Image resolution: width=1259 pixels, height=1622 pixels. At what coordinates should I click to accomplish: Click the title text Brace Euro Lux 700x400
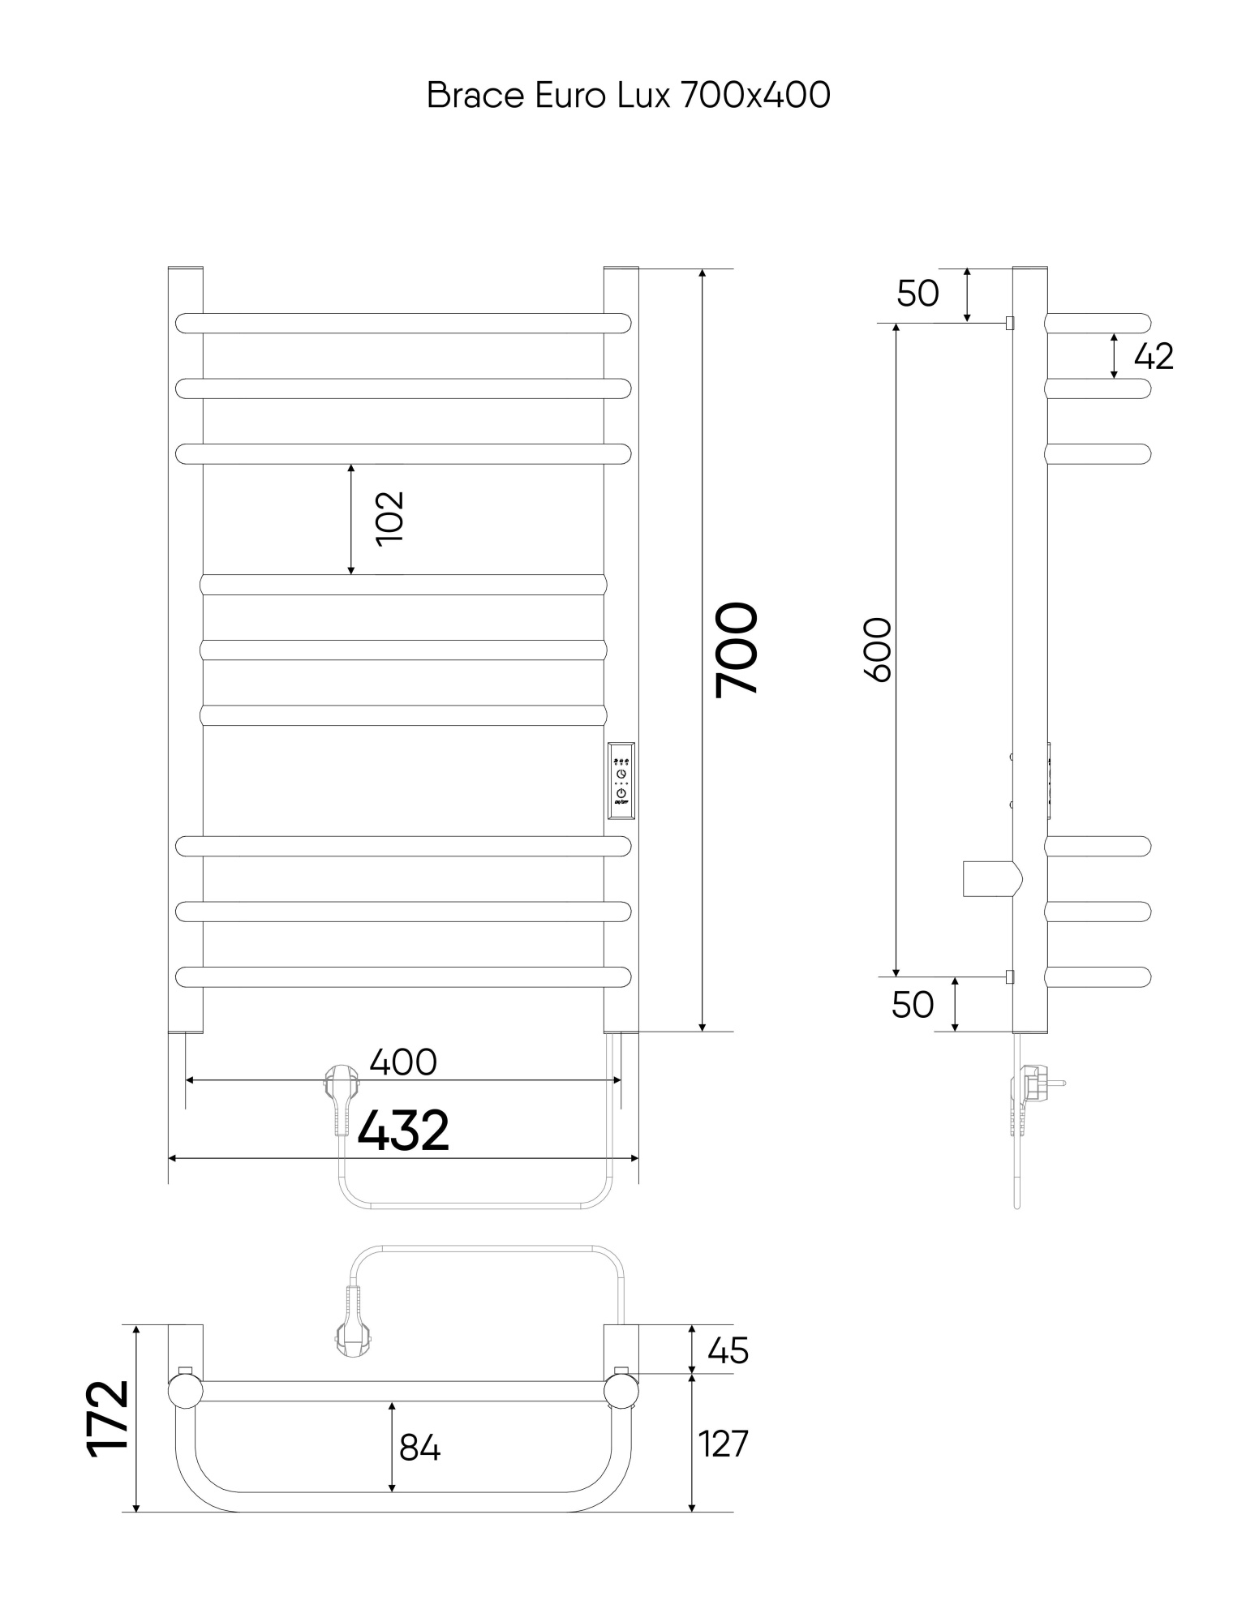(x=629, y=96)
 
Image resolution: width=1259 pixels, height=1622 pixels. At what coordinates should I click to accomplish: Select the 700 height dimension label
(x=737, y=649)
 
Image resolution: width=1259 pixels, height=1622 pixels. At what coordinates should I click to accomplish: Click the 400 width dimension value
(x=403, y=1062)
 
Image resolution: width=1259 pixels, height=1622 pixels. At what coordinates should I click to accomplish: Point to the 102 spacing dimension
(x=390, y=518)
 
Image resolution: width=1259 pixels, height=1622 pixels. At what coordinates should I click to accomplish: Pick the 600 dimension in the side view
(x=878, y=650)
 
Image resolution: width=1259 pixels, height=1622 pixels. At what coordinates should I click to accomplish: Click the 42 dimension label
(x=1154, y=357)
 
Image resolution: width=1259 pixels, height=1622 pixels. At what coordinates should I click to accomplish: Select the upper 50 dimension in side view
(x=917, y=294)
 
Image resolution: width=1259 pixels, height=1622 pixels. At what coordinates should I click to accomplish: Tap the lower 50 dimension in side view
(x=913, y=1005)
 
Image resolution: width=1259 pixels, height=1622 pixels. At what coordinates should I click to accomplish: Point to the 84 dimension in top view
(x=419, y=1448)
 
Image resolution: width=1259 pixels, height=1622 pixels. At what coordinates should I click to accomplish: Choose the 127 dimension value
(x=724, y=1444)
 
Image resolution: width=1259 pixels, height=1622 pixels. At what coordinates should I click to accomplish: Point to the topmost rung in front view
(x=403, y=323)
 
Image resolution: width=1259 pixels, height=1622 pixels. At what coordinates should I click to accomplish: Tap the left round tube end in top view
(x=185, y=1392)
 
